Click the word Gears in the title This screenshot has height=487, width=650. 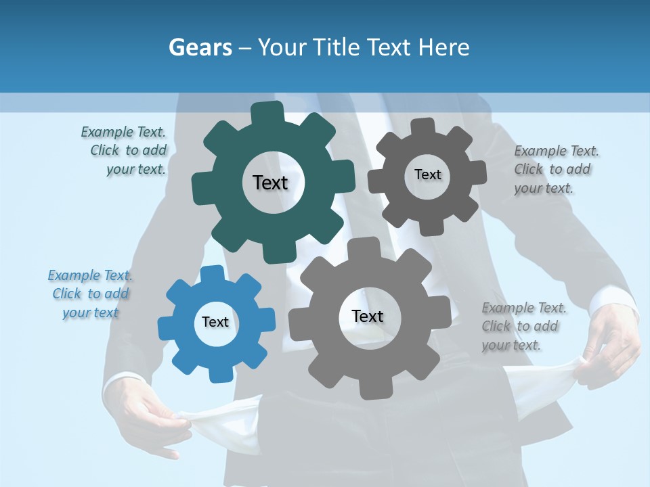(200, 47)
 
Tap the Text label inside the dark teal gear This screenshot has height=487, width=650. (270, 183)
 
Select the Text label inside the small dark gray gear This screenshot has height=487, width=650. (427, 175)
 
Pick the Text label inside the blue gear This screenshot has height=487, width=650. (215, 322)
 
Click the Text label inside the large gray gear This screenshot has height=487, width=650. (368, 316)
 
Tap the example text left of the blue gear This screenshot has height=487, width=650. (91, 294)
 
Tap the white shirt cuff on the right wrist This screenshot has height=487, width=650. (613, 301)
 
